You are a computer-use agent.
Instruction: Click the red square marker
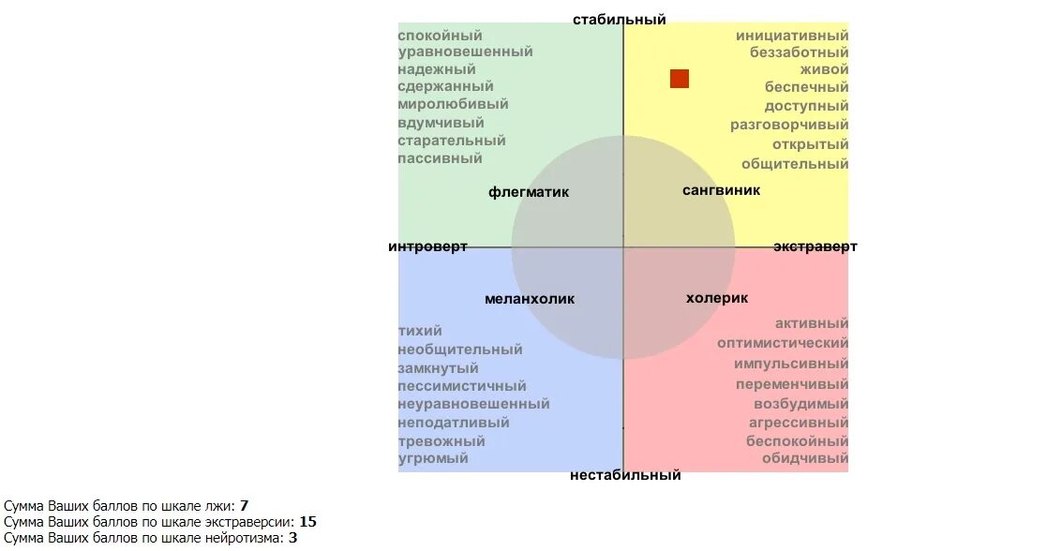(x=680, y=79)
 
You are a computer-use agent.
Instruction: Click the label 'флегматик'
(x=529, y=192)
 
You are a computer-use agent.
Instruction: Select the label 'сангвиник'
(x=721, y=190)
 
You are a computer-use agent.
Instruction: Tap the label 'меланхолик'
(x=530, y=299)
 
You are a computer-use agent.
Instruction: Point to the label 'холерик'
(x=717, y=298)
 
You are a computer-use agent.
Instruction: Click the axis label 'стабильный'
(x=619, y=19)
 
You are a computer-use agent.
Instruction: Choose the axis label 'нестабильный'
(x=625, y=475)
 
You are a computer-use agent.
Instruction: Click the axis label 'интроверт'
(x=427, y=246)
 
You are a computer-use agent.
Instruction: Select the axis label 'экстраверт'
(x=815, y=246)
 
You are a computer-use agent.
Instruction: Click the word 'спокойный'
(x=440, y=36)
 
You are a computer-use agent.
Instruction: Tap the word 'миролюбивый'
(x=453, y=104)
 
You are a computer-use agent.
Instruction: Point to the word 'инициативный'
(x=792, y=36)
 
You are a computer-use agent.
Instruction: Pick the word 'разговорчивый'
(x=789, y=125)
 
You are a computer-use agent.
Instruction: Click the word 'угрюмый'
(x=433, y=458)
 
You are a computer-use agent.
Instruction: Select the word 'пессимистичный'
(x=462, y=386)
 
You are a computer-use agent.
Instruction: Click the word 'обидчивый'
(x=804, y=458)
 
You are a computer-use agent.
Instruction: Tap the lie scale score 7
(x=244, y=506)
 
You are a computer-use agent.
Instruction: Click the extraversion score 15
(x=307, y=522)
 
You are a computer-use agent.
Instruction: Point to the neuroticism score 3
(x=292, y=538)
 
